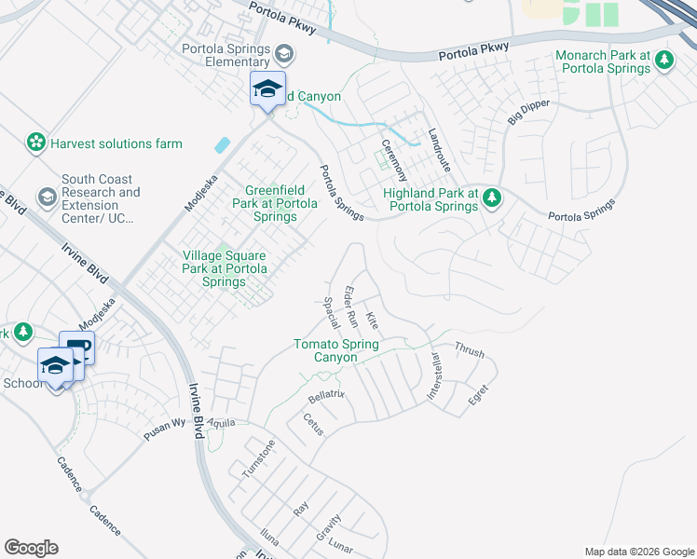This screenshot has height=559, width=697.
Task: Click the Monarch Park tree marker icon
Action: pyautogui.click(x=663, y=61)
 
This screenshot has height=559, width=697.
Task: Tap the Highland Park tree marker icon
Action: pyautogui.click(x=493, y=198)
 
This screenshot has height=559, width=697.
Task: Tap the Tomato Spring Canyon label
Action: pyautogui.click(x=335, y=351)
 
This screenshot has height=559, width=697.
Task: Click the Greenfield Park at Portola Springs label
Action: pyautogui.click(x=275, y=203)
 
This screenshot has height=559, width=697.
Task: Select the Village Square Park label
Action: pyautogui.click(x=225, y=268)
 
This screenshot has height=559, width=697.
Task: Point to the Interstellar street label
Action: pyautogui.click(x=433, y=376)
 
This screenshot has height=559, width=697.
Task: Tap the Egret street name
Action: pyautogui.click(x=478, y=394)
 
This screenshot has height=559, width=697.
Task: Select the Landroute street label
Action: pyautogui.click(x=439, y=149)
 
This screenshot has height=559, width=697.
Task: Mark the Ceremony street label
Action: pyautogui.click(x=394, y=159)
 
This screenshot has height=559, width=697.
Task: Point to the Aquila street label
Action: pyautogui.click(x=222, y=422)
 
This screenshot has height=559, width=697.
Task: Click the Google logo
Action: pyautogui.click(x=31, y=548)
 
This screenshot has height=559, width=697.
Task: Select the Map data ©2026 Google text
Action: pyautogui.click(x=638, y=552)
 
